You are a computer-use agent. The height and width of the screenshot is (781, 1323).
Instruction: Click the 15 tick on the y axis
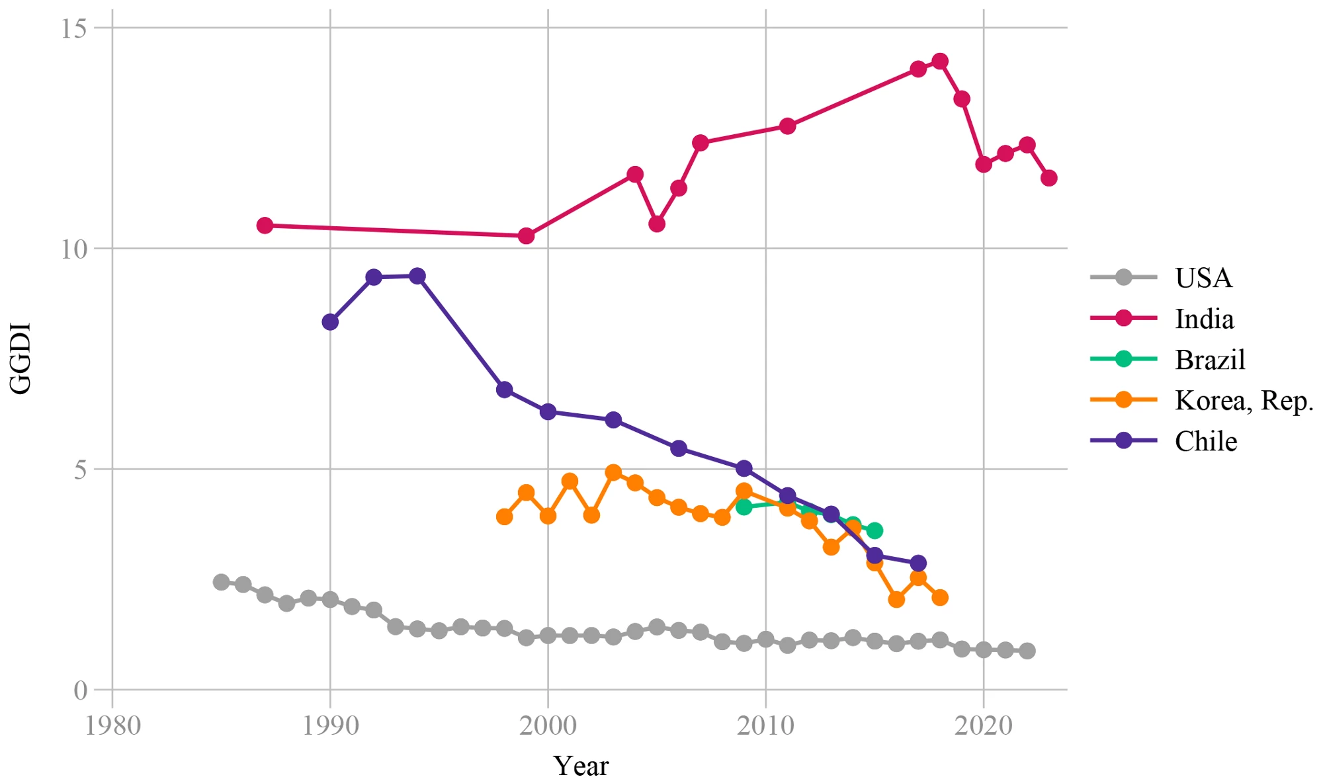(74, 28)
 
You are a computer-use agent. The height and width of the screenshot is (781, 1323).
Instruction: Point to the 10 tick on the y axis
(74, 249)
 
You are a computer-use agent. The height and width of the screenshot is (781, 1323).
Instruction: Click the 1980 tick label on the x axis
(112, 726)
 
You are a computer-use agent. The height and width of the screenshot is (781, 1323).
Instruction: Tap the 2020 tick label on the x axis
(984, 726)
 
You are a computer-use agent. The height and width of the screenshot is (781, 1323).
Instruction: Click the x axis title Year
(581, 766)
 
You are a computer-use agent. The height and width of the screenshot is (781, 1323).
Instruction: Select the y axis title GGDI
(21, 358)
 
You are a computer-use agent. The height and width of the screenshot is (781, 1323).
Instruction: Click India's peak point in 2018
(940, 62)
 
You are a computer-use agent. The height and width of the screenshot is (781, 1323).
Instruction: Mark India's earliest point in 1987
(265, 226)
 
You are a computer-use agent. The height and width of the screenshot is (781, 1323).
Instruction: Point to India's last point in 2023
(1048, 178)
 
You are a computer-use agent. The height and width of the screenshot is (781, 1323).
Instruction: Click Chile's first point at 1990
(330, 322)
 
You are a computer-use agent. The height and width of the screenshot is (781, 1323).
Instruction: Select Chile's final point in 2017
(918, 563)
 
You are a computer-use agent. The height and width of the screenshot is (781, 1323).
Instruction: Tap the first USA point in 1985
(222, 582)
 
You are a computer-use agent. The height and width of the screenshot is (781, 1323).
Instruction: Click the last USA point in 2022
(1027, 651)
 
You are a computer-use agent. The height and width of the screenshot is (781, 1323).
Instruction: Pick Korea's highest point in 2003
(613, 472)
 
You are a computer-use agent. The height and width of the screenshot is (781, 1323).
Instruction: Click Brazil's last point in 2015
(875, 530)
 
